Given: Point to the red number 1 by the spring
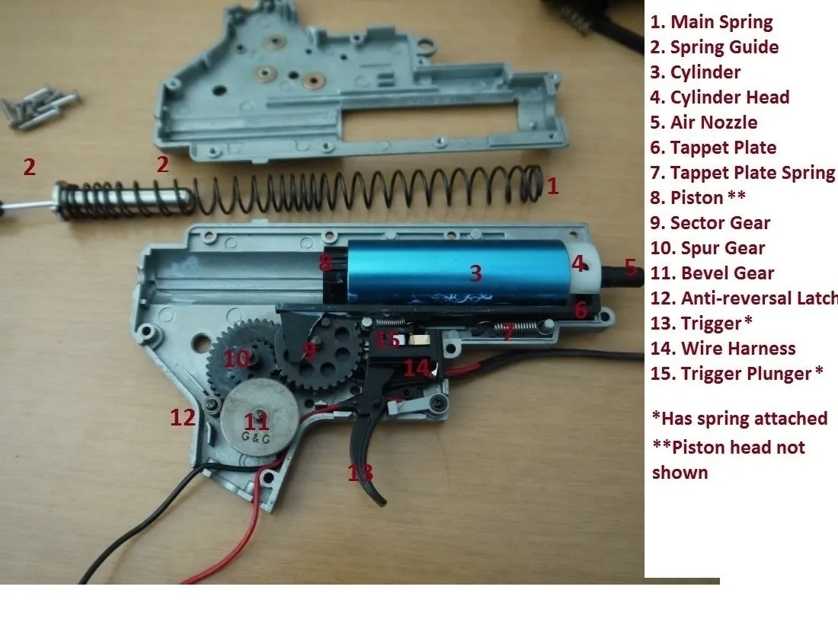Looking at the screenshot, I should tap(553, 186).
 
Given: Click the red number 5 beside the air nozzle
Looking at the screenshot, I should tap(630, 267).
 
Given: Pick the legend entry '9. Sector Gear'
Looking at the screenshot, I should tap(710, 223).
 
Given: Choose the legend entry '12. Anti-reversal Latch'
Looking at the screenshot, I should tap(744, 298).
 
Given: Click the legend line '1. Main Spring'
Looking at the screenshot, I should tap(712, 22).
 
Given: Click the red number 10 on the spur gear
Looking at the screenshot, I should tap(236, 358).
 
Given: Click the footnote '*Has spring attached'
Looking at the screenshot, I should tap(740, 419).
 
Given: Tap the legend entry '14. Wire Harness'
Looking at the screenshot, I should tap(723, 349).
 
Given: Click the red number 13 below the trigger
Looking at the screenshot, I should tap(361, 473).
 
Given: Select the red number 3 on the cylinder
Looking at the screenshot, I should tap(476, 273).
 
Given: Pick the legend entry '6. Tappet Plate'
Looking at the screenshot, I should tap(713, 148).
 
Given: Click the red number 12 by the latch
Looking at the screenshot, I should tap(181, 416).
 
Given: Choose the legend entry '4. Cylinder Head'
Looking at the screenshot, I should tap(719, 97).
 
